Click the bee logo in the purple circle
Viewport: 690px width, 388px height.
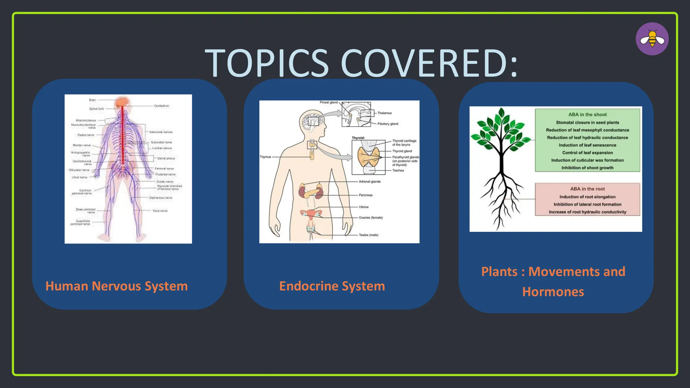coord(652,39)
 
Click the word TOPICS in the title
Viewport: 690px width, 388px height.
coord(266,63)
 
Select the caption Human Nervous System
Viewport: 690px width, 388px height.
coord(117,286)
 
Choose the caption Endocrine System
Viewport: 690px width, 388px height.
coord(332,286)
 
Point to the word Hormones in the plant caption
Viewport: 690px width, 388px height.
coord(553,292)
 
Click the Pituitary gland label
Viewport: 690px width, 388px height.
coord(387,124)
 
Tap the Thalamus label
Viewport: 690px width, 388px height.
coord(384,113)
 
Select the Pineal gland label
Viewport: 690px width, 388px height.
coord(328,102)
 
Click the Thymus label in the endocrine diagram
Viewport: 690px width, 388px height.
coord(265,157)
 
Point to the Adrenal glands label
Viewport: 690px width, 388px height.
coord(370,182)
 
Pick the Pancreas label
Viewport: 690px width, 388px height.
coord(366,195)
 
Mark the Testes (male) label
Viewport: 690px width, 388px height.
coord(368,235)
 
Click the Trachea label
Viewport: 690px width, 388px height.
coord(398,170)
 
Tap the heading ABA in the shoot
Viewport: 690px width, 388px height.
coord(587,115)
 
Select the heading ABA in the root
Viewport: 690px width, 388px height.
coord(587,189)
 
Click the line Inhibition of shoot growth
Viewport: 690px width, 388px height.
coord(587,168)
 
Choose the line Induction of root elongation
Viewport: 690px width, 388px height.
coord(587,197)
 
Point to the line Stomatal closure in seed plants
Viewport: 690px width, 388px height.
coord(587,123)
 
